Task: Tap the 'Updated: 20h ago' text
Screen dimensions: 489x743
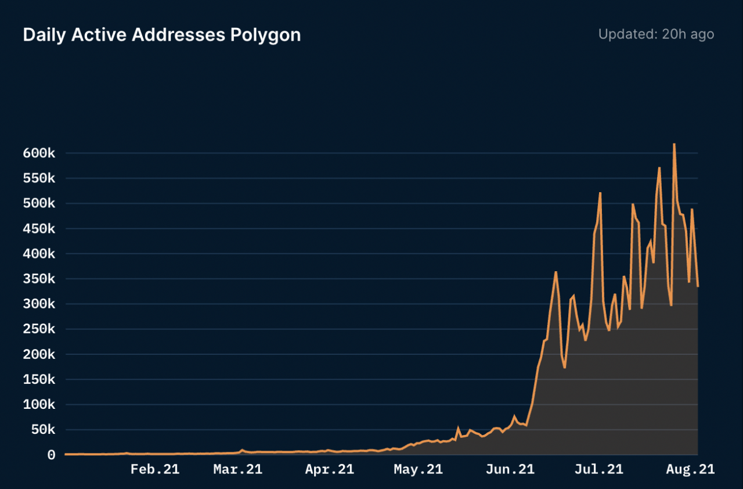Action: pyautogui.click(x=656, y=34)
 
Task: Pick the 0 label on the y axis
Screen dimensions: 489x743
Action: pyautogui.click(x=51, y=455)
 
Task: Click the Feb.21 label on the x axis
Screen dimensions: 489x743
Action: pyautogui.click(x=155, y=469)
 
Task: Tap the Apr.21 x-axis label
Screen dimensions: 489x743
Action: pyautogui.click(x=329, y=469)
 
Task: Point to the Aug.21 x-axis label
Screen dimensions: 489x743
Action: pyautogui.click(x=690, y=469)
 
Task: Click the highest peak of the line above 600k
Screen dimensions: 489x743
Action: pyautogui.click(x=674, y=144)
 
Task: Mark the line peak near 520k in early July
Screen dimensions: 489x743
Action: pyautogui.click(x=600, y=193)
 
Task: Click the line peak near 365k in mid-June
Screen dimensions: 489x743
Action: pyautogui.click(x=556, y=272)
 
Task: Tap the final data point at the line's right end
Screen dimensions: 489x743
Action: pyautogui.click(x=698, y=286)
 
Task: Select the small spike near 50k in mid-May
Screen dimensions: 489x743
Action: pyautogui.click(x=458, y=429)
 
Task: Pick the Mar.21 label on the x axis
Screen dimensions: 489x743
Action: pyautogui.click(x=237, y=469)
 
